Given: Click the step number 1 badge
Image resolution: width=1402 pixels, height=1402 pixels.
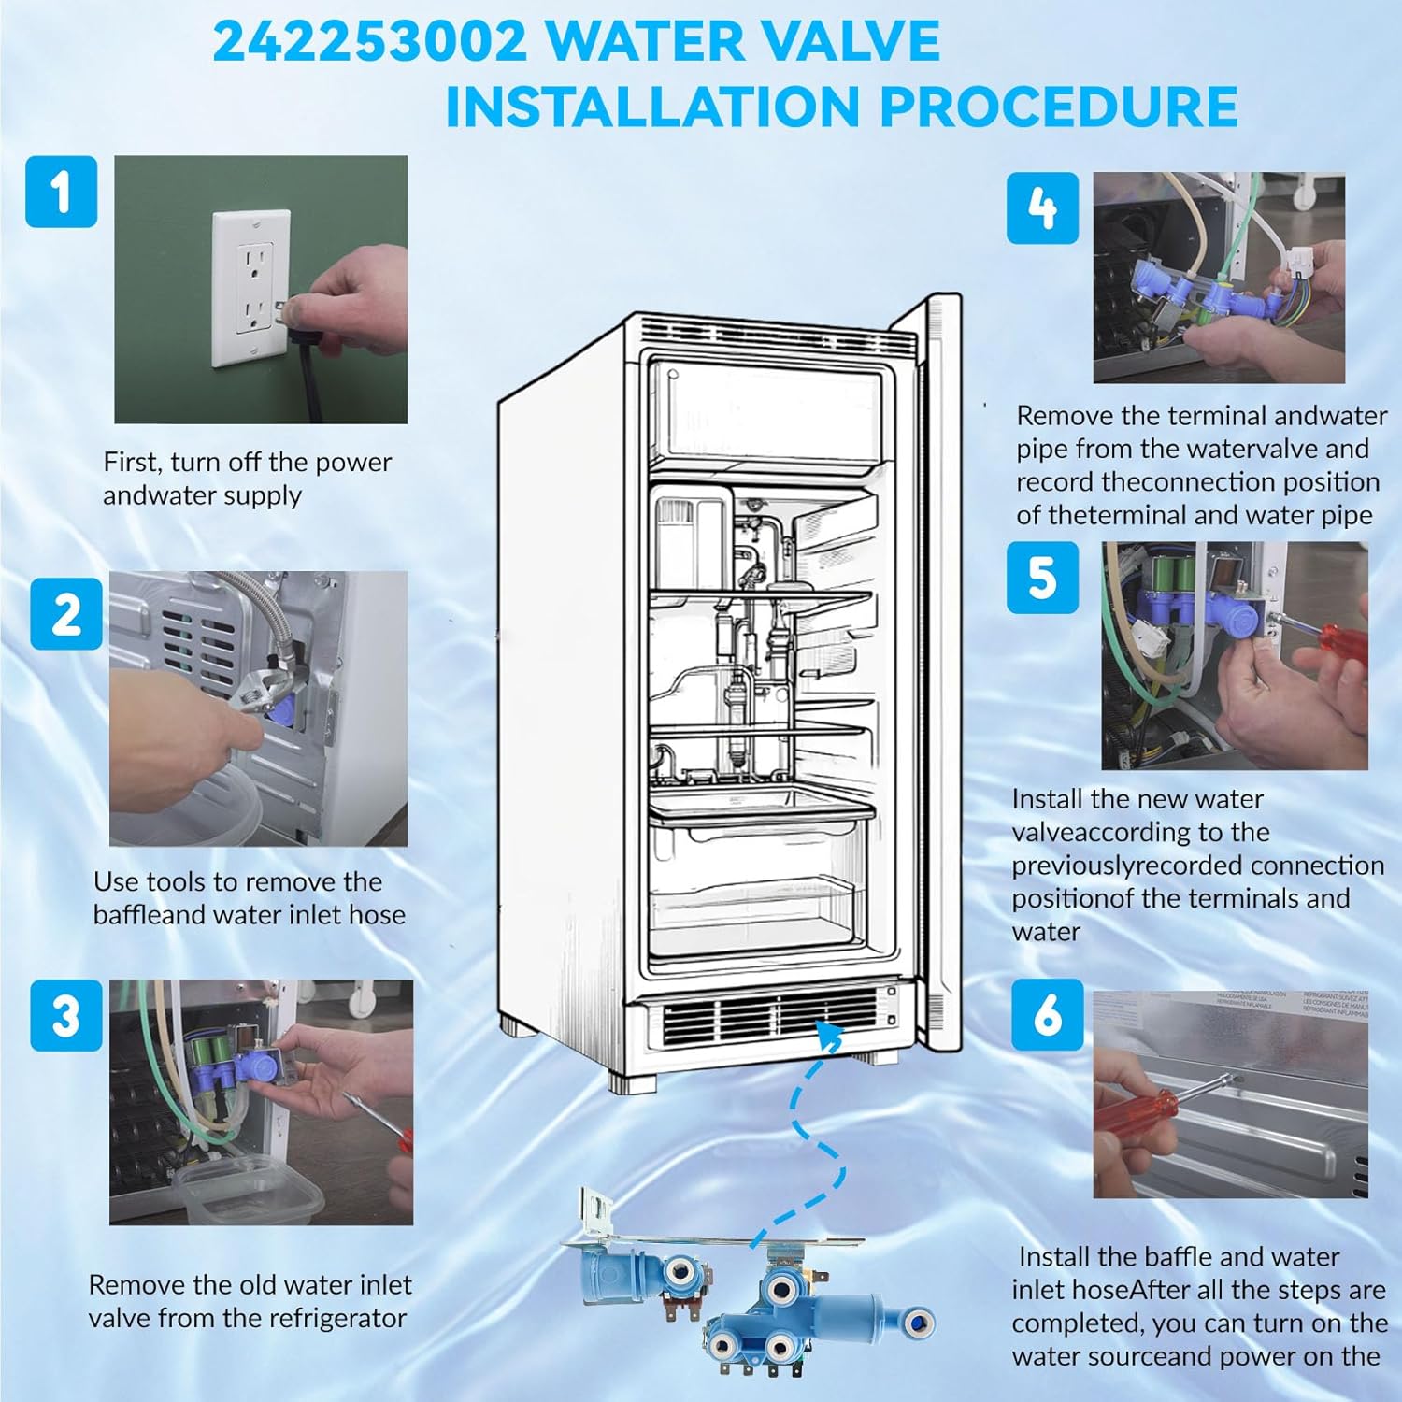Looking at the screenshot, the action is (x=62, y=192).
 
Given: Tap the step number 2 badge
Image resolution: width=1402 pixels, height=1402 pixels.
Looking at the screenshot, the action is (x=66, y=613).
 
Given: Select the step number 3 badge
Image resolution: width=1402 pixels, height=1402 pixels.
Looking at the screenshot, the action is (x=66, y=1015).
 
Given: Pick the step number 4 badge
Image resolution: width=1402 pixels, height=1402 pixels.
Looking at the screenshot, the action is (x=1043, y=207).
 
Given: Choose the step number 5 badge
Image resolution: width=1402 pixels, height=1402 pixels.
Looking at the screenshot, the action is (x=1043, y=578).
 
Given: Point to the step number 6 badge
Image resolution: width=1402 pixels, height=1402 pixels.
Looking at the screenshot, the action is (x=1048, y=1015).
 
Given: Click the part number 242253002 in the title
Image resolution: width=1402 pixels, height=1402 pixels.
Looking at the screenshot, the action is (x=370, y=42).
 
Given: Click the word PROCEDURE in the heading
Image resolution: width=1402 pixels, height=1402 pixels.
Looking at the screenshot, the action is (x=1059, y=107).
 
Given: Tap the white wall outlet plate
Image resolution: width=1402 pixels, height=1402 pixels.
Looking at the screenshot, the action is (x=251, y=289).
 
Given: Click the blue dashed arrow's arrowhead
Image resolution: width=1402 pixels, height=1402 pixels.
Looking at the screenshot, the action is (x=829, y=1034).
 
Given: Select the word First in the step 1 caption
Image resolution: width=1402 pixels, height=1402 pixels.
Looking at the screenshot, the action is (x=132, y=462).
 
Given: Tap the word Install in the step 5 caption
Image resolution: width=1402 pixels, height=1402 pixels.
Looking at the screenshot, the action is (x=1048, y=799).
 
